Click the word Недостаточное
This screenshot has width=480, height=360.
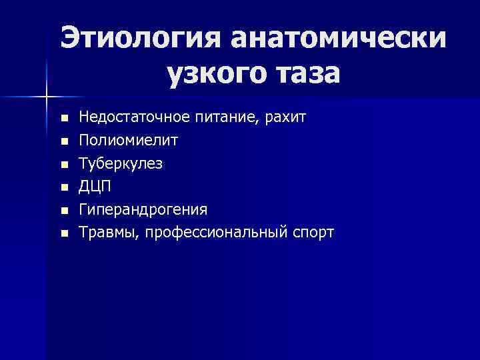[137, 119]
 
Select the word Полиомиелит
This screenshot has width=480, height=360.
[129, 141]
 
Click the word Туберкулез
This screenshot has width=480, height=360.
[121, 164]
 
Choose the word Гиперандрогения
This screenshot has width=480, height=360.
[143, 210]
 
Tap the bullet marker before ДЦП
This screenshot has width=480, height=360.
[63, 187]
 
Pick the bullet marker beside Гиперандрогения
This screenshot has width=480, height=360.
[63, 211]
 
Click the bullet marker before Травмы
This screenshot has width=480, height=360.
[63, 233]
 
